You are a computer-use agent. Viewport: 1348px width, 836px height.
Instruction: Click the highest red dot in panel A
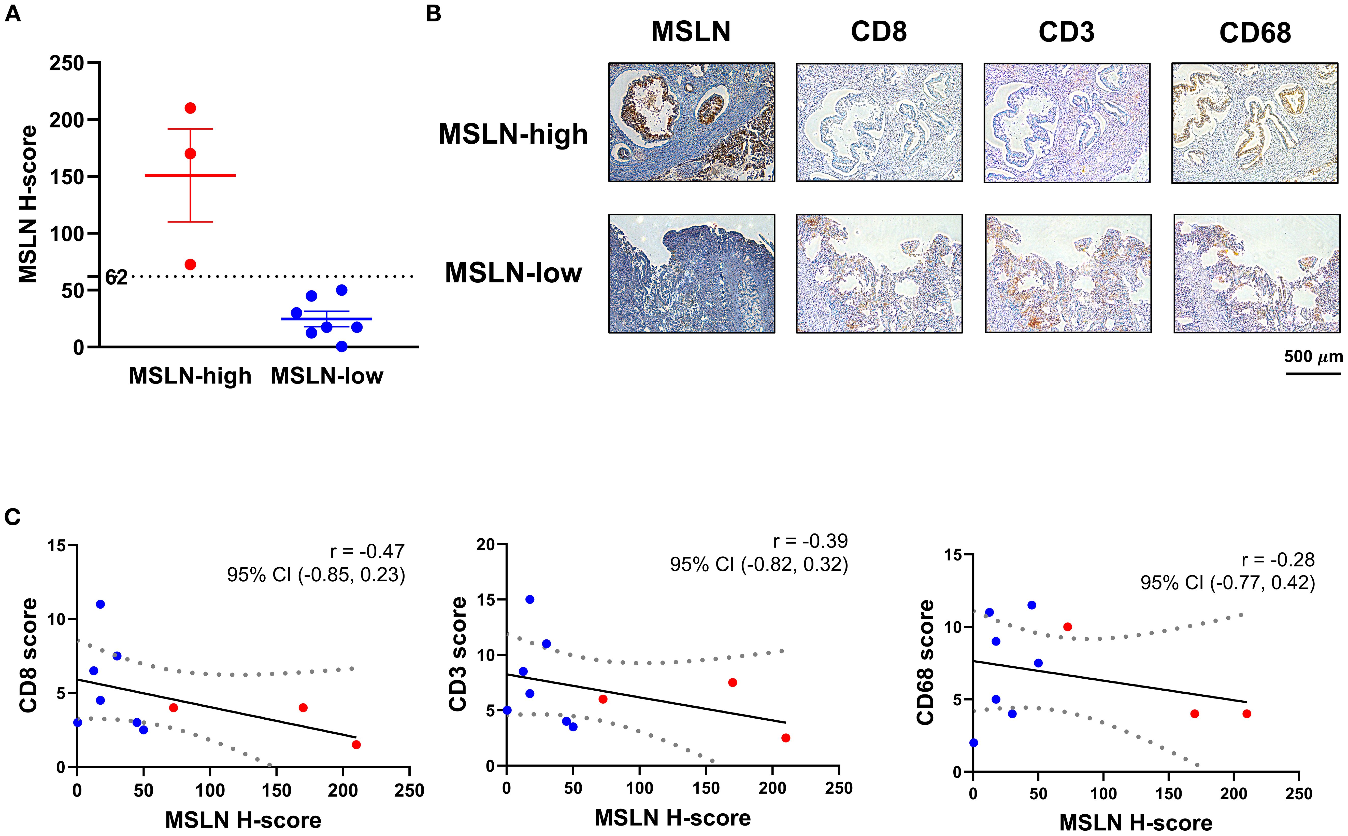tap(190, 108)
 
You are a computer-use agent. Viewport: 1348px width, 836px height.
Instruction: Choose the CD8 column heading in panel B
tap(878, 32)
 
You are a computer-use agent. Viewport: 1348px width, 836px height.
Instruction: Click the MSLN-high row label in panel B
tap(513, 134)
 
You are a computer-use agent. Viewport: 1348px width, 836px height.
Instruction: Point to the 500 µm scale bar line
tap(1313, 374)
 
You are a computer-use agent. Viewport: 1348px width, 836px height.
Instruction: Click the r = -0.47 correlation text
tap(367, 551)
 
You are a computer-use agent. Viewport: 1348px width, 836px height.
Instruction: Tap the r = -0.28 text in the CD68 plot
tap(1278, 560)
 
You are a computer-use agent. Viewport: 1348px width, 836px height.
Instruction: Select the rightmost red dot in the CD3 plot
tap(786, 738)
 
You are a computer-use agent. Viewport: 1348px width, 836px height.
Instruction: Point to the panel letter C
tap(12, 517)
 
